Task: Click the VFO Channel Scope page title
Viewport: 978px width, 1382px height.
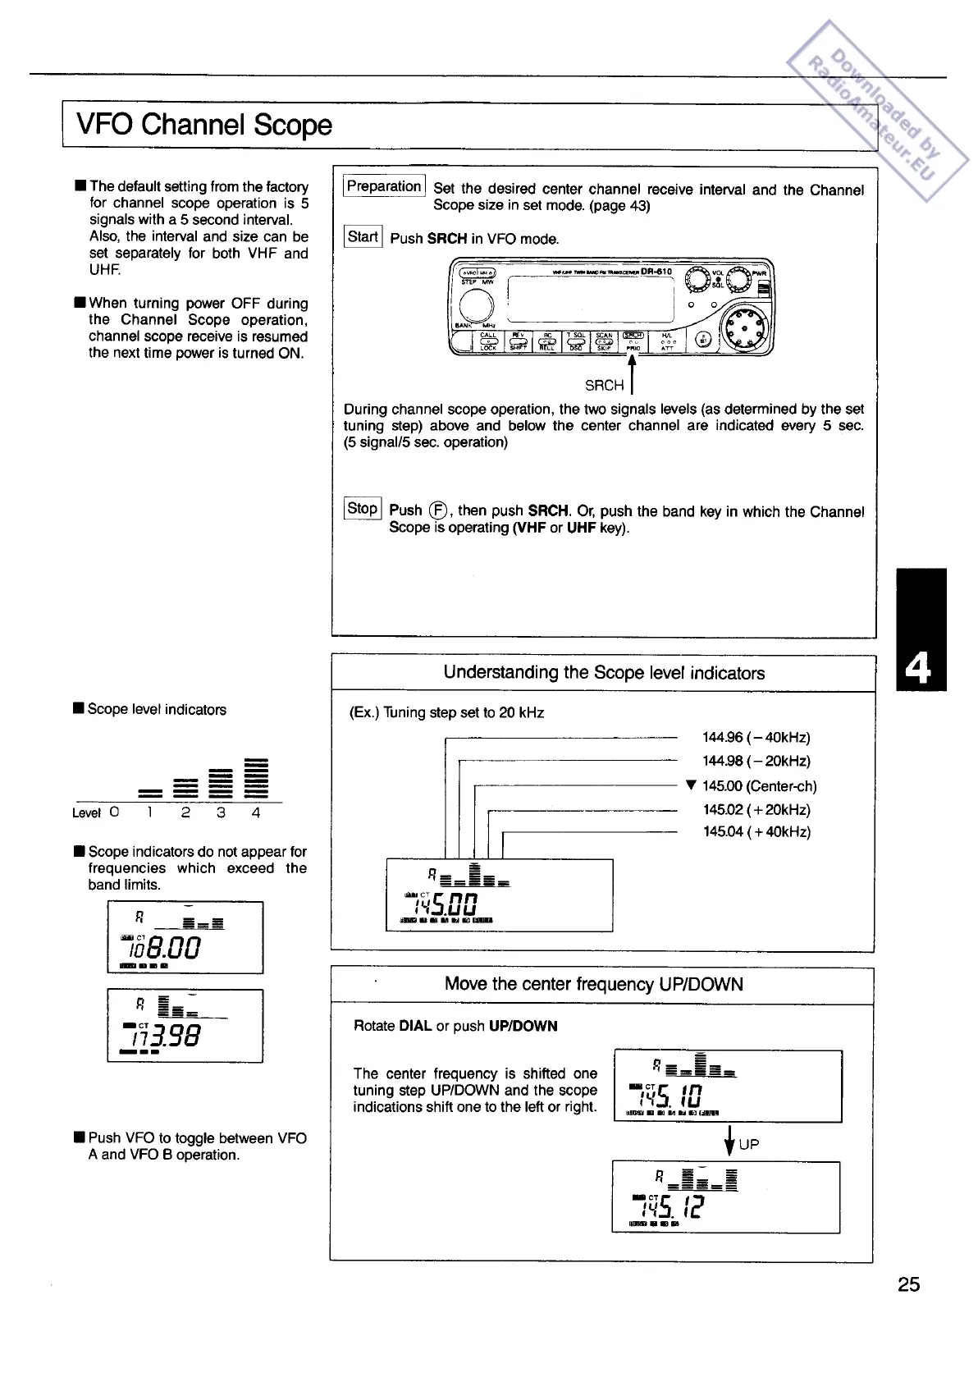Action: [204, 125]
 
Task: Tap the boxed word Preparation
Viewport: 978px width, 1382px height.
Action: [384, 186]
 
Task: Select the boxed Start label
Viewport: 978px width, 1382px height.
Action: [363, 237]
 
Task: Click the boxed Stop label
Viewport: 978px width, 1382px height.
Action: [362, 509]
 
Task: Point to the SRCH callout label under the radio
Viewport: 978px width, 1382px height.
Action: [604, 386]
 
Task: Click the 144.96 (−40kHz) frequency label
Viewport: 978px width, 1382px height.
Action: [756, 738]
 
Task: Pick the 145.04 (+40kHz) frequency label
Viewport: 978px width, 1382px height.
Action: [756, 832]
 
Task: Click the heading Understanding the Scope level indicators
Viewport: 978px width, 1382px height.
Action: [604, 673]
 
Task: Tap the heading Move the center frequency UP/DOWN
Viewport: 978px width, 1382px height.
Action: [594, 984]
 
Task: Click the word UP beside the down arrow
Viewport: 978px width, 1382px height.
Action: [749, 1144]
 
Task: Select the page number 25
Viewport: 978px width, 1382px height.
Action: [908, 1284]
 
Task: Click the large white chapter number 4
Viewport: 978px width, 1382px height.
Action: [921, 670]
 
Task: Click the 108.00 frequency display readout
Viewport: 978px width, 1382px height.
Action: [170, 948]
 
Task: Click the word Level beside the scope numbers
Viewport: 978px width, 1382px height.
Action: [86, 813]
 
